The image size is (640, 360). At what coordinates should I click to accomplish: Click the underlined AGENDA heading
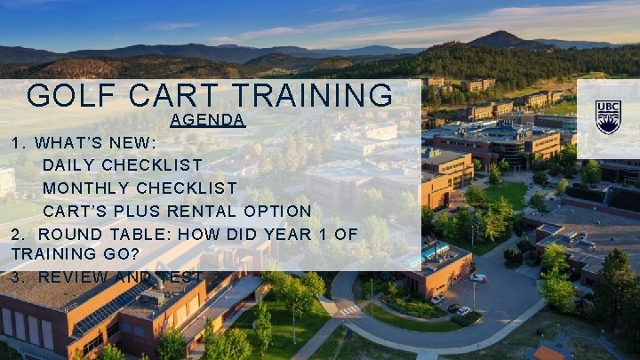(x=207, y=119)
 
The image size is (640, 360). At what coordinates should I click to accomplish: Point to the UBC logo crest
(x=608, y=116)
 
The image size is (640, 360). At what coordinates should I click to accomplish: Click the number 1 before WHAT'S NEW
(x=16, y=142)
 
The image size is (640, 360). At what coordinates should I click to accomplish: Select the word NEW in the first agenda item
(x=138, y=142)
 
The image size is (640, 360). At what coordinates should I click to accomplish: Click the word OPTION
(x=279, y=212)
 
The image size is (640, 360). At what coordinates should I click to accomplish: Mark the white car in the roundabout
(x=478, y=278)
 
